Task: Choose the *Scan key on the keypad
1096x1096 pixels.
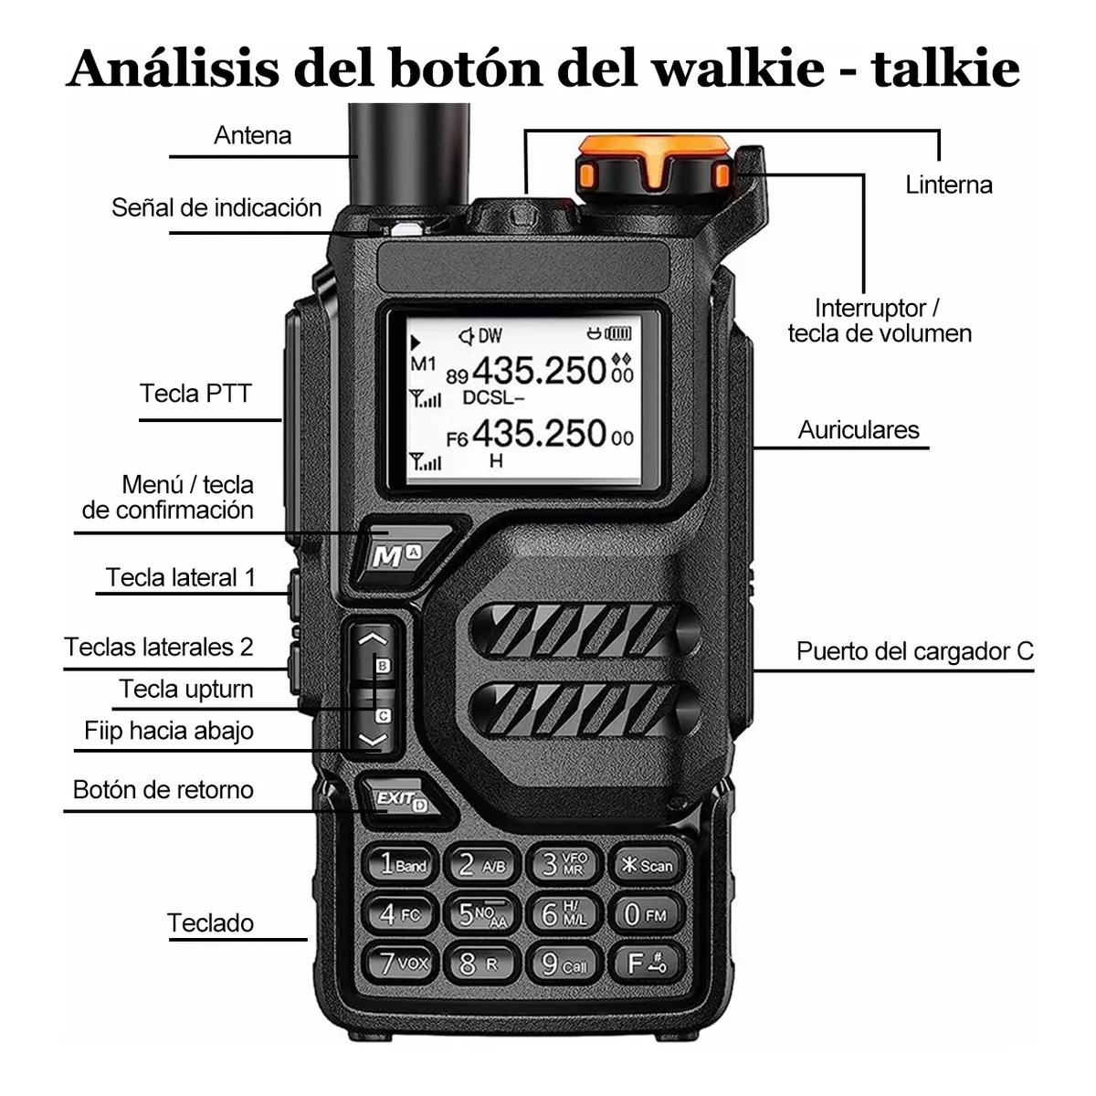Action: (646, 864)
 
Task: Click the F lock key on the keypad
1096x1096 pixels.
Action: (646, 964)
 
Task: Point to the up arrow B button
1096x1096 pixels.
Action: (373, 650)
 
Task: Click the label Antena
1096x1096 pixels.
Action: (252, 135)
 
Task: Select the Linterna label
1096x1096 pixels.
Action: (948, 184)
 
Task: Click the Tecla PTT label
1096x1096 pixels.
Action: (195, 394)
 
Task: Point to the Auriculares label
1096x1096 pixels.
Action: (858, 430)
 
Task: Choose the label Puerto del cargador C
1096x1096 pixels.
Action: (914, 651)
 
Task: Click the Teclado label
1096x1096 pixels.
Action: (210, 922)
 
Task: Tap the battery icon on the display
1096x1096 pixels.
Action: (616, 334)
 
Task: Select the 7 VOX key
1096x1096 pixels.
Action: (402, 964)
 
